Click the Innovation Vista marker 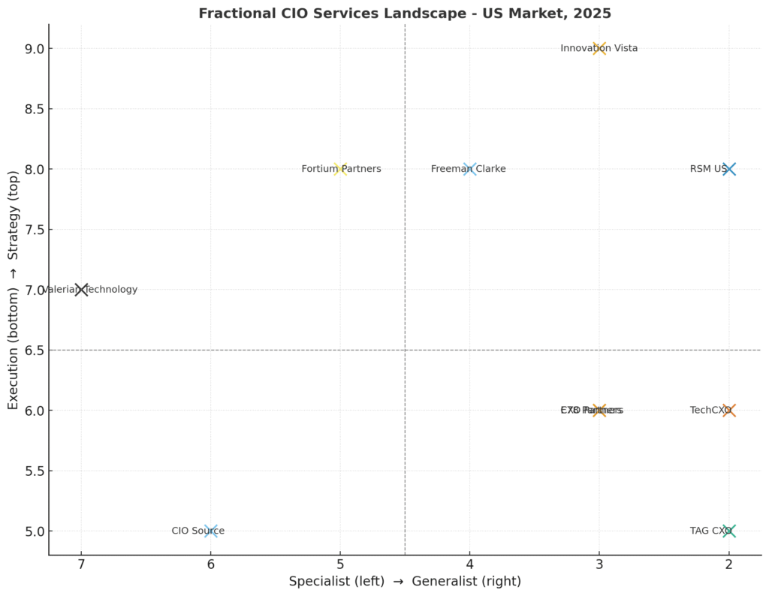point(599,49)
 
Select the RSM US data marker point(728,169)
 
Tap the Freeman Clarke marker point(470,169)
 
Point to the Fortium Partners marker point(340,169)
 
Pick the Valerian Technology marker point(81,290)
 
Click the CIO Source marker point(211,531)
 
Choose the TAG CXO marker point(728,531)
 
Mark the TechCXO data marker point(728,410)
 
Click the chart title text point(405,13)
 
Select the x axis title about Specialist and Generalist point(405,581)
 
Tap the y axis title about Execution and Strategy point(13,290)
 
